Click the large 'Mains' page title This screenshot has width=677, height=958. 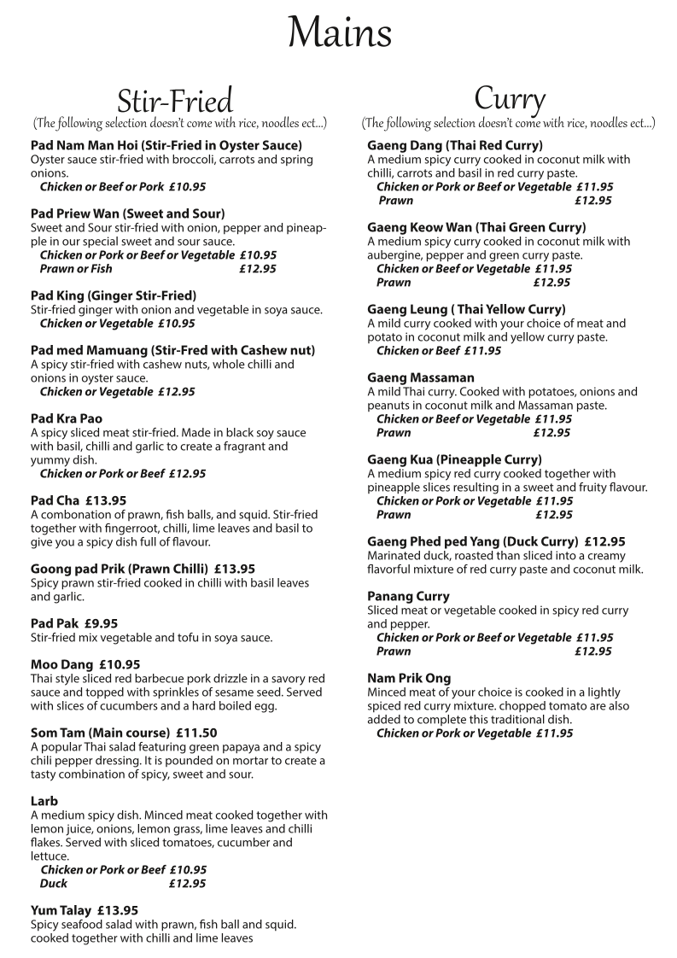pos(340,34)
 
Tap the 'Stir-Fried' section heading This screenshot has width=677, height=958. pos(174,101)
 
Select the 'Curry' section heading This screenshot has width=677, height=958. pos(510,98)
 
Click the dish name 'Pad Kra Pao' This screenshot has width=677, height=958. pos(67,418)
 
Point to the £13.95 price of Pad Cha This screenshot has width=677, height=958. pos(105,500)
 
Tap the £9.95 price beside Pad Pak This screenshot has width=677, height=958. pos(101,623)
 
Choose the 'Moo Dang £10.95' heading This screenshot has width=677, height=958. pos(85,664)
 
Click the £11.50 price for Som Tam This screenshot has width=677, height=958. pos(196,733)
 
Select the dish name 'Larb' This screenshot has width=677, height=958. pos(44,801)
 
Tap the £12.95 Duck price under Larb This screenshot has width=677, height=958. pos(187,884)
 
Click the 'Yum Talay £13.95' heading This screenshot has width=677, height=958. pos(85,910)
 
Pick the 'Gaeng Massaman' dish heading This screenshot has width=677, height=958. pos(421,377)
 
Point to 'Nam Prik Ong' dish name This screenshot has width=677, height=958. pos(409,678)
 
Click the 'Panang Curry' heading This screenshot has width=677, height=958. pos(408,596)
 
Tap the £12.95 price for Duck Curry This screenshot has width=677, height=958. pos(605,541)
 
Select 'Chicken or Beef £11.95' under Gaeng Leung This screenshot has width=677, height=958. pos(439,351)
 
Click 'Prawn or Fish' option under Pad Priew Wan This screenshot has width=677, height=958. pos(76,269)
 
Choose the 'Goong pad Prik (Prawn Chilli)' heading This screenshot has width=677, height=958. pos(120,569)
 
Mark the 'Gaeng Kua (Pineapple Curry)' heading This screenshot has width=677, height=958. pos(454,459)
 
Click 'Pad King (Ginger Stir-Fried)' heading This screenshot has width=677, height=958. pos(114,295)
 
